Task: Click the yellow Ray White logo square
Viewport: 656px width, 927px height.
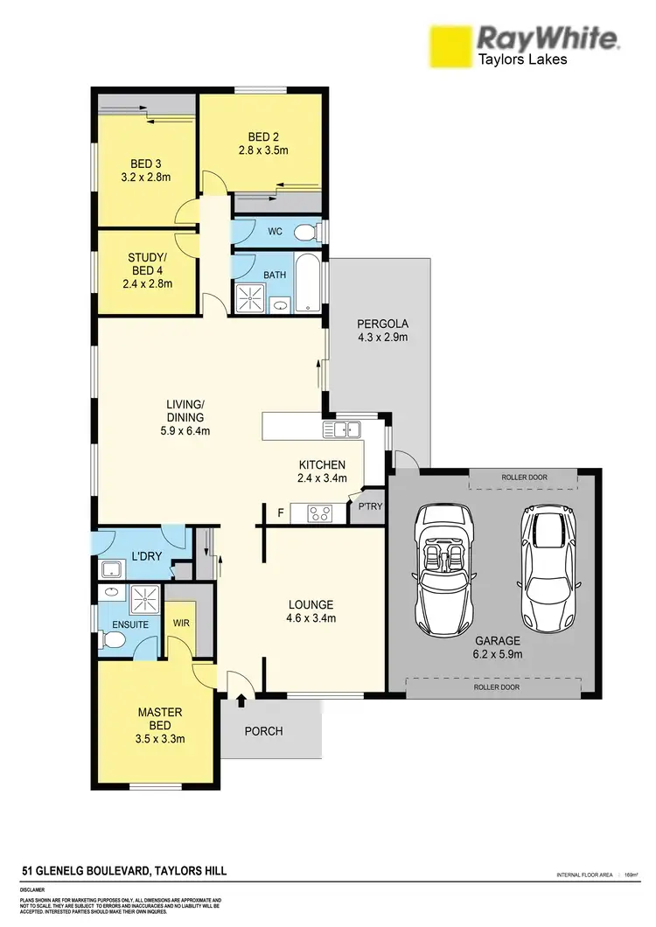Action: [449, 45]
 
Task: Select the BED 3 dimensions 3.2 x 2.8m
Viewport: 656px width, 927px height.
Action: [146, 178]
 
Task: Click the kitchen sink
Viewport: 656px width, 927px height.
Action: [341, 429]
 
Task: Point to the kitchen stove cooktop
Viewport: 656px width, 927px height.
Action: [318, 514]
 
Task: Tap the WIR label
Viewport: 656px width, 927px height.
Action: [182, 624]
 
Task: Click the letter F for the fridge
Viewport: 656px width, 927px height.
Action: [280, 513]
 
